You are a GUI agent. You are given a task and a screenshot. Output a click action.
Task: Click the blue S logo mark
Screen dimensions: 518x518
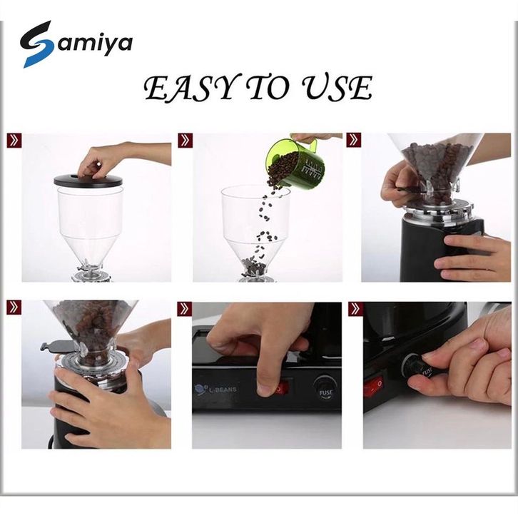(37, 44)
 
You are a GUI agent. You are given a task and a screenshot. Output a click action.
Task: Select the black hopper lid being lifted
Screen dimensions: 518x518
(88, 181)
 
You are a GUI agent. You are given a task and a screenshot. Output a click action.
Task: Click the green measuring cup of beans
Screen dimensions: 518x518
(295, 163)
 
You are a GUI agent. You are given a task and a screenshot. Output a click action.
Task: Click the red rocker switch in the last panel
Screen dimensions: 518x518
(375, 384)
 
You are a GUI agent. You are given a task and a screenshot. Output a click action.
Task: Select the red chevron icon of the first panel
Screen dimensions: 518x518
(14, 141)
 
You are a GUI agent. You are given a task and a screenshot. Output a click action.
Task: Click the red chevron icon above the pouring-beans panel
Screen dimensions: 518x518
(185, 141)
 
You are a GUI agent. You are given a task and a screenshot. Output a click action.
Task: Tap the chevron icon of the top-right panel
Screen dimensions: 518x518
(354, 141)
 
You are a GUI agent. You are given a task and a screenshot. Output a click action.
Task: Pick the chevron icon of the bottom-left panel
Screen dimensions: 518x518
(14, 308)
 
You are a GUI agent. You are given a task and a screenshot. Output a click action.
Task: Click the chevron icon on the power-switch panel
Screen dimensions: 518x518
(184, 309)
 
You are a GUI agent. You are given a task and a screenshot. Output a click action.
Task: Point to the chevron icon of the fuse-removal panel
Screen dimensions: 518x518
(356, 309)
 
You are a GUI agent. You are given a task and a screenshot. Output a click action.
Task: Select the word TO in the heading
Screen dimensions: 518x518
(270, 88)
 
